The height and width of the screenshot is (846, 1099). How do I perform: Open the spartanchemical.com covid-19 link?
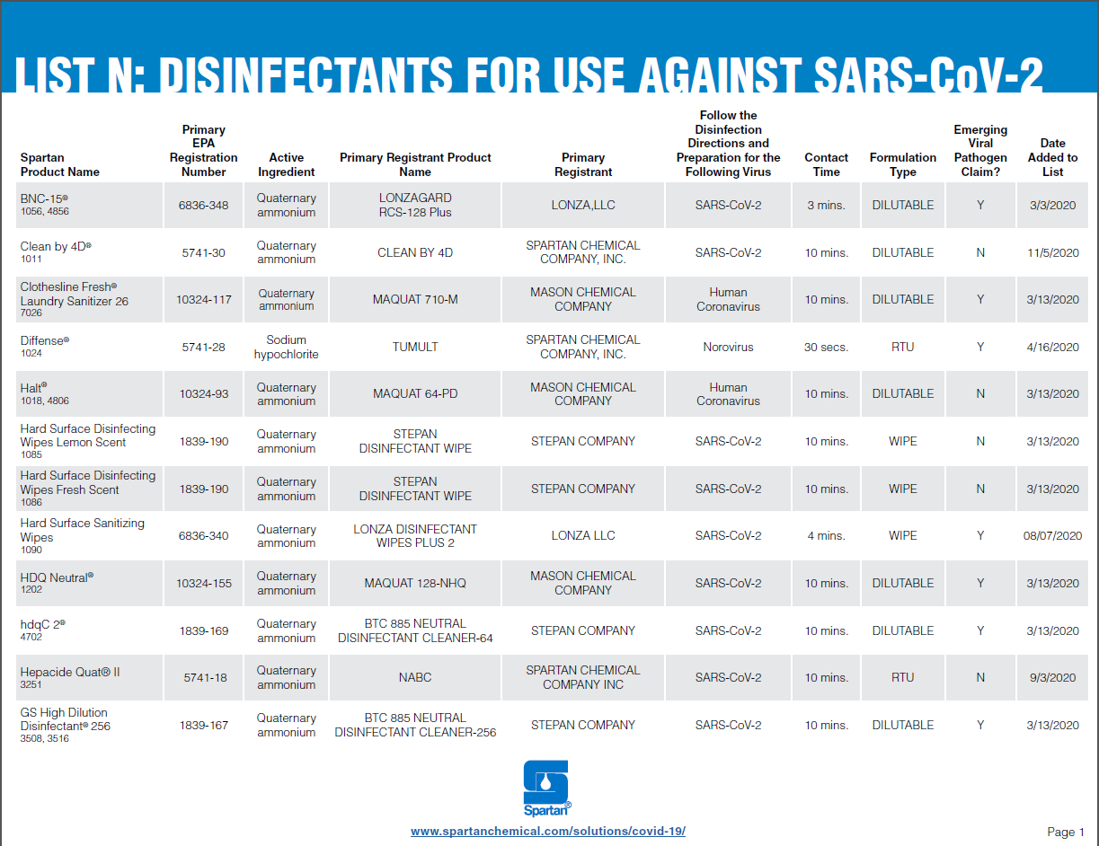548,831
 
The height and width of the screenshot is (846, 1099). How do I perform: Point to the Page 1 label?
1066,832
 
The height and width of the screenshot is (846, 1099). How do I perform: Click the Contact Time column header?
826,164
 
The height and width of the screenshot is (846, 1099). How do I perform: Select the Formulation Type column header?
903,164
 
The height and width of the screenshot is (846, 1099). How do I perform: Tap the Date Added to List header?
1052,157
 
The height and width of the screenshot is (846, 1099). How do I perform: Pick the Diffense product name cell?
44,341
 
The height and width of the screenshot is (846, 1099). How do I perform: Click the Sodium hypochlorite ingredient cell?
286,347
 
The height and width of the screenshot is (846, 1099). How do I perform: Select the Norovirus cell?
728,347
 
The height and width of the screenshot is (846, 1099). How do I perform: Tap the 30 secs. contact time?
826,347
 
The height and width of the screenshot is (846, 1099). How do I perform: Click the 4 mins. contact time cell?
826,535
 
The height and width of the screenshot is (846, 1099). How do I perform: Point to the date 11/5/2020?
1052,252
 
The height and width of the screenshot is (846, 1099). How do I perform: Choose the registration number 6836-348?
203,205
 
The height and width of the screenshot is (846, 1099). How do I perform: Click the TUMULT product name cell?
415,347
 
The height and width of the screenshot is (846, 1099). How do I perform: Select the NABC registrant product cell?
415,677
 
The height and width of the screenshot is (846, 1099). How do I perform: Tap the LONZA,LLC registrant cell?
583,205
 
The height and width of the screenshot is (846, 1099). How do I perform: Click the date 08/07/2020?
1052,535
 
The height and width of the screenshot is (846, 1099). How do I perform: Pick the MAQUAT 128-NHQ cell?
415,583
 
